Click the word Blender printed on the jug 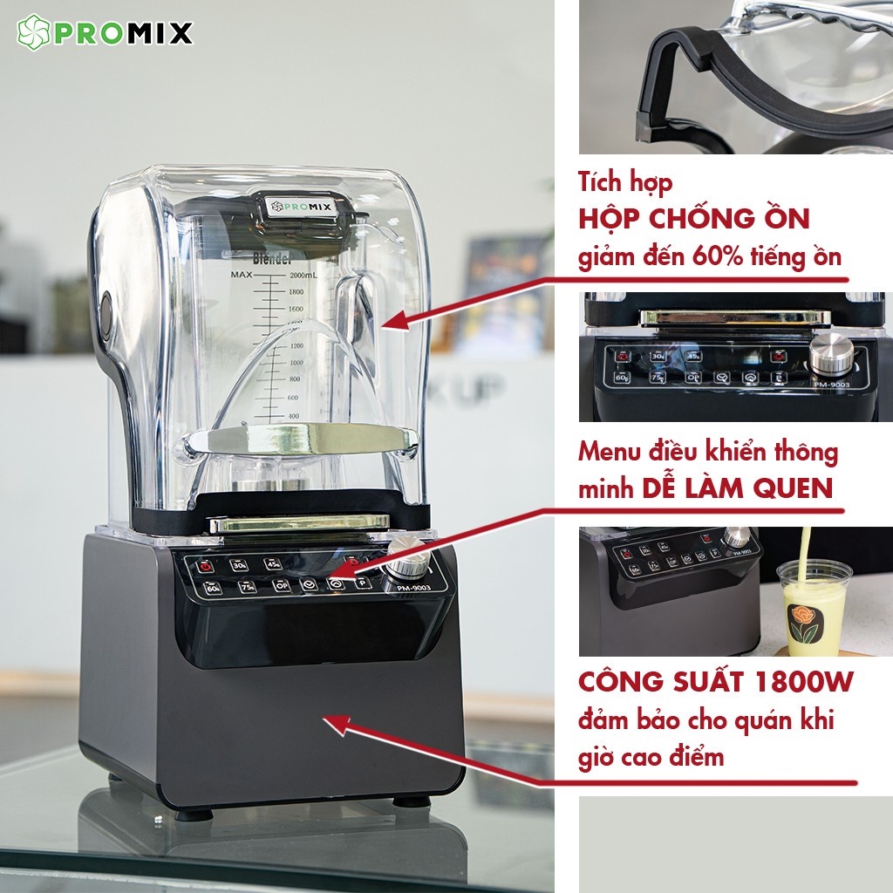click(x=271, y=259)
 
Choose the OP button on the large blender click(x=280, y=585)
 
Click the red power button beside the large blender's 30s click(x=207, y=565)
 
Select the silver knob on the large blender click(x=405, y=559)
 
